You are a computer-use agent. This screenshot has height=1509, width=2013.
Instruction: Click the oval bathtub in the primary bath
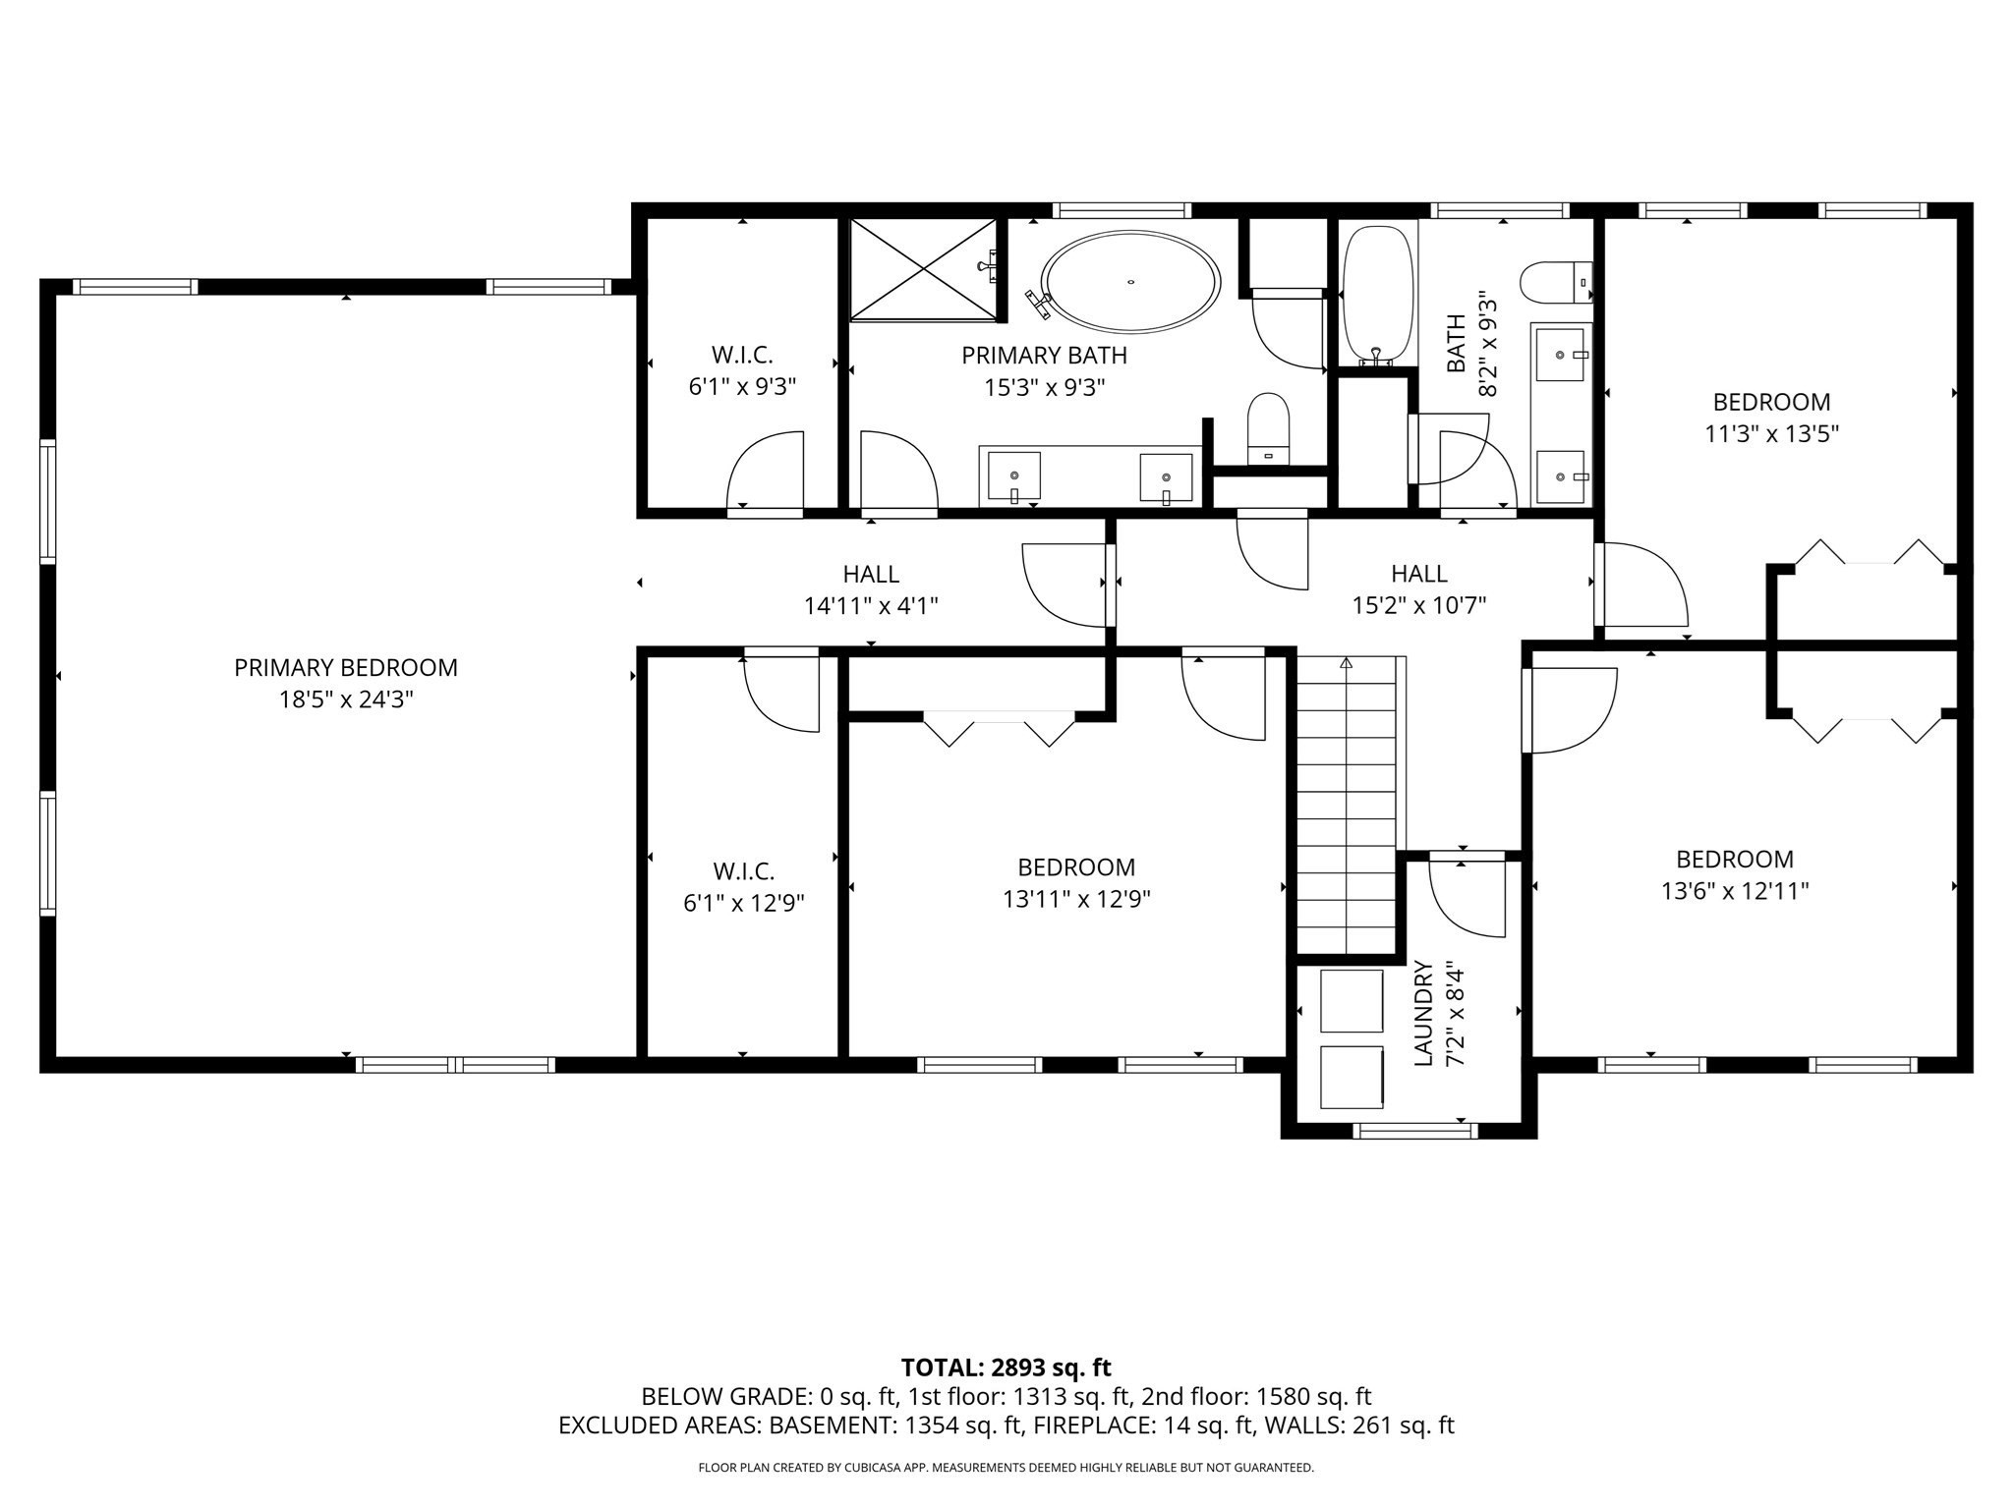pyautogui.click(x=1130, y=282)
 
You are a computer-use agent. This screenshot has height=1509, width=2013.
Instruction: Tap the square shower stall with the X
pyautogui.click(x=922, y=269)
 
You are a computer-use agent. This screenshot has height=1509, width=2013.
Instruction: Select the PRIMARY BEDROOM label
pyautogui.click(x=345, y=668)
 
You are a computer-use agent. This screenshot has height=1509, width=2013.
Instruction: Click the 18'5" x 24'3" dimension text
pyautogui.click(x=345, y=700)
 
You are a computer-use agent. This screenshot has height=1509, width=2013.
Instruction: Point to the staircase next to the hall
pyautogui.click(x=1346, y=806)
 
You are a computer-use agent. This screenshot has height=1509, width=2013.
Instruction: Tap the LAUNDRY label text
pyautogui.click(x=1422, y=1015)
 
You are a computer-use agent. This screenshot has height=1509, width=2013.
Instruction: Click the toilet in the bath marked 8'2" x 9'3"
pyautogui.click(x=1555, y=282)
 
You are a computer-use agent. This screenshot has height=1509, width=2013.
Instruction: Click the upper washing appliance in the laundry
pyautogui.click(x=1352, y=1001)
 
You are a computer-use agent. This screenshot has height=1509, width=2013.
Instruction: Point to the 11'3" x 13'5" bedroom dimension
pyautogui.click(x=1771, y=433)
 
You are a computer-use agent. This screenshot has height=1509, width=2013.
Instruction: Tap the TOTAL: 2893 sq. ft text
pyautogui.click(x=1006, y=1368)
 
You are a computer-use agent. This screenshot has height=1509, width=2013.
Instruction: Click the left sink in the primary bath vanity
pyautogui.click(x=1013, y=475)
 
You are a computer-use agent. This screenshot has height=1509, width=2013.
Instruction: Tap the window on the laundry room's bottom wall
pyautogui.click(x=1414, y=1131)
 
